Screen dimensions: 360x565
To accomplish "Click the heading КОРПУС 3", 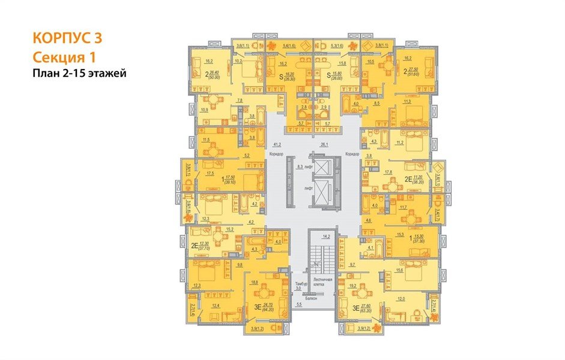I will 67,38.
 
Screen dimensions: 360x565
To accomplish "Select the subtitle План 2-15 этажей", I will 80,74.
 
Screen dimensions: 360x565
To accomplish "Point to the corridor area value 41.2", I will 277,145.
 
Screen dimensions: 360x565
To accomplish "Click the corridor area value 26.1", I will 324,145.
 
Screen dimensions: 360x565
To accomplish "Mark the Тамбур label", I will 301,283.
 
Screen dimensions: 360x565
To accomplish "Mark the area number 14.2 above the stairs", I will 326,236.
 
